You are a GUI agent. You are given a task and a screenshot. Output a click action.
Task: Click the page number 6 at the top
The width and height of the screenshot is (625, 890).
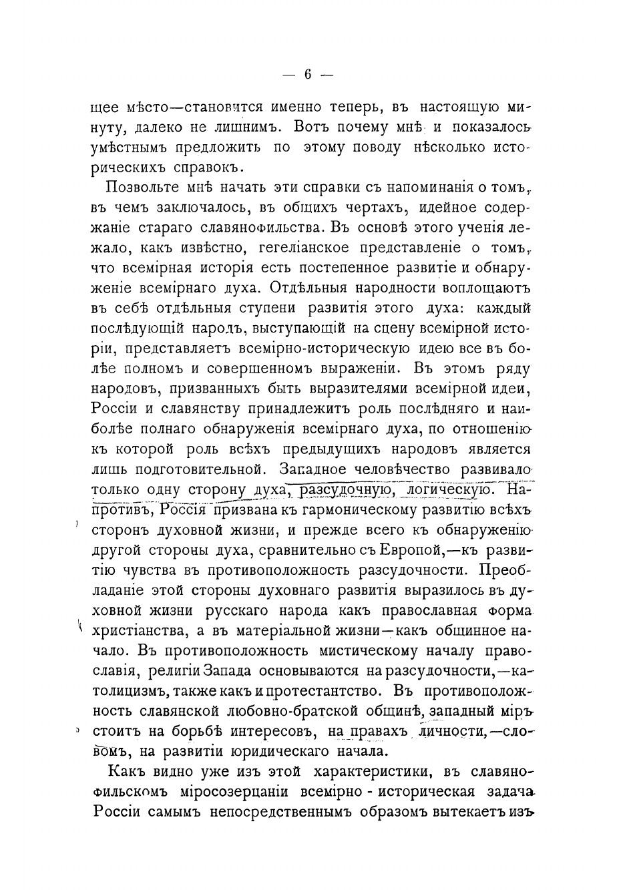pos(307,75)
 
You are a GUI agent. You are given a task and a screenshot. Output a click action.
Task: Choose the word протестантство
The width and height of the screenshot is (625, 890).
pos(315,690)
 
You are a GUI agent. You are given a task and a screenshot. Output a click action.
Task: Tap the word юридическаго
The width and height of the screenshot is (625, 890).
pos(284,751)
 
